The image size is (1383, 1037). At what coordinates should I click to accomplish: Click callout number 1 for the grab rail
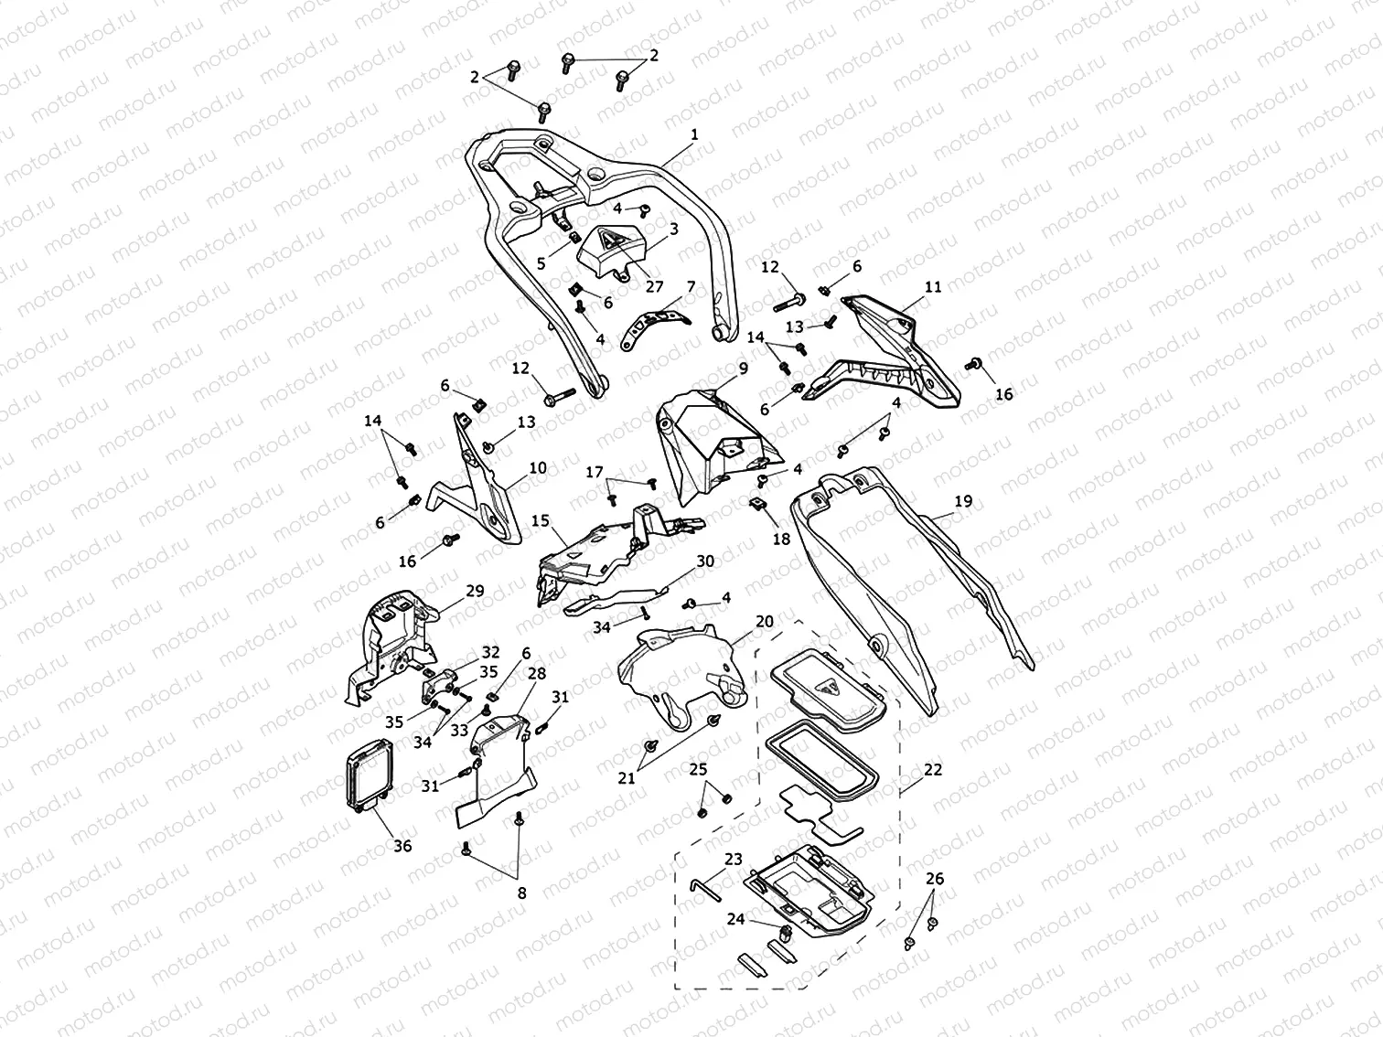point(694,134)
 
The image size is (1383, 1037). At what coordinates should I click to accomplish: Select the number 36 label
point(402,846)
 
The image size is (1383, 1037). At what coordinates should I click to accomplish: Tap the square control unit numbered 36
point(367,778)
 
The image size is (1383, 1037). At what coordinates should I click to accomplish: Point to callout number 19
point(963,501)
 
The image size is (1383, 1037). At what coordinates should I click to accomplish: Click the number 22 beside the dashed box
point(932,770)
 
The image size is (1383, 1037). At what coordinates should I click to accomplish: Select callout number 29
point(475,591)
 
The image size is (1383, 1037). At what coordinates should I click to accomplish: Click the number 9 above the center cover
point(743,368)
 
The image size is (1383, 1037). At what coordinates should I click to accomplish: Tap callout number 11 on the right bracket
point(932,286)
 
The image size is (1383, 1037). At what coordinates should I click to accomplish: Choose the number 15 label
point(540,520)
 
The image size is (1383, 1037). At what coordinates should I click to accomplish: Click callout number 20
point(765,621)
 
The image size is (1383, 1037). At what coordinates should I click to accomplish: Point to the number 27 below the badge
point(654,286)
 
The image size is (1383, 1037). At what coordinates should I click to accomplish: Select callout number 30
point(704,561)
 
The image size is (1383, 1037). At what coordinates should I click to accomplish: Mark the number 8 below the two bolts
point(521,893)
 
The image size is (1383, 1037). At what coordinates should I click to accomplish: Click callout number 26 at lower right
point(934,879)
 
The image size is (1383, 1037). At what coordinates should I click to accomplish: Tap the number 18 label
point(781,540)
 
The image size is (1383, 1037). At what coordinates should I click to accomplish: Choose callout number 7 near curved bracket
point(691,286)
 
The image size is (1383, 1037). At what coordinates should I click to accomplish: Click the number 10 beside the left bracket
point(537,468)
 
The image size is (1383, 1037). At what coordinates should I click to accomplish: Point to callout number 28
point(537,673)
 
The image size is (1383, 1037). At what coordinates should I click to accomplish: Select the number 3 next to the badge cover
point(674,229)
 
